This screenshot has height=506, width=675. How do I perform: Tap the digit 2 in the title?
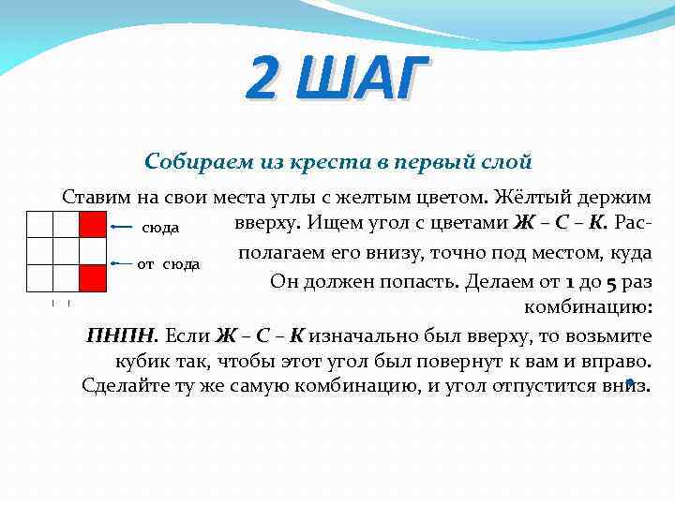(x=264, y=80)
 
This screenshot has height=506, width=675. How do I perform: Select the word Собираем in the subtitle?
(x=189, y=161)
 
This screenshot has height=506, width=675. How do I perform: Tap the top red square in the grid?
(x=91, y=225)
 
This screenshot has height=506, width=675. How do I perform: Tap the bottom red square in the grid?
(x=91, y=278)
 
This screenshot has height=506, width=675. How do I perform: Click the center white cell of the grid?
(x=66, y=251)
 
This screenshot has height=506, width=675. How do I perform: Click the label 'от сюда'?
(x=169, y=264)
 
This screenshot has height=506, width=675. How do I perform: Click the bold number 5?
(x=610, y=280)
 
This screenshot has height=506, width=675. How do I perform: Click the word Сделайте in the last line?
(x=121, y=385)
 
